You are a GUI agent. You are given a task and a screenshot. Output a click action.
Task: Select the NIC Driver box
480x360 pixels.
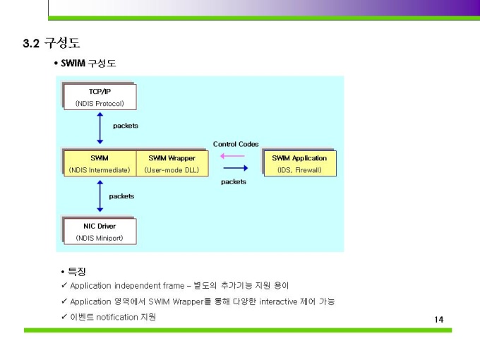[99, 232]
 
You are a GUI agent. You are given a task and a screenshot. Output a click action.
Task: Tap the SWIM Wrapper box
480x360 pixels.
[172, 163]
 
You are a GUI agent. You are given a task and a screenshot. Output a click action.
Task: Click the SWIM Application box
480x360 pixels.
[299, 163]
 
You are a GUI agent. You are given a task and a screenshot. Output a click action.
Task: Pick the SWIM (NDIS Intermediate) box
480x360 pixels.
[99, 163]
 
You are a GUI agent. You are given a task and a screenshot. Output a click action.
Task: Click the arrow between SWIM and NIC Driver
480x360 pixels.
[100, 196]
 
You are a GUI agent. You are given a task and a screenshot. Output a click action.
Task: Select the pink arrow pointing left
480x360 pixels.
[232, 157]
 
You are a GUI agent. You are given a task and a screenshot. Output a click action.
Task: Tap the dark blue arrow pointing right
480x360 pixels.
[235, 168]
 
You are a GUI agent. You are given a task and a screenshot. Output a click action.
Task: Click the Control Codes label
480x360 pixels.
[236, 144]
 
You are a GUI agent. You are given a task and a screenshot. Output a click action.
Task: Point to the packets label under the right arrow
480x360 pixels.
[234, 181]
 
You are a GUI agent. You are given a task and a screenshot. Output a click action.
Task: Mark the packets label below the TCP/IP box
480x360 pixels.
[126, 126]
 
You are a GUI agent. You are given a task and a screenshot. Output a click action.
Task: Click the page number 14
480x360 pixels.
[438, 320]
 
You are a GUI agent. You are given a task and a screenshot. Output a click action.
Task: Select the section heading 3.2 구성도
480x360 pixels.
[51, 44]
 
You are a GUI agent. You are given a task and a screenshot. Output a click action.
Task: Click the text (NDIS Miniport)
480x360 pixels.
[99, 238]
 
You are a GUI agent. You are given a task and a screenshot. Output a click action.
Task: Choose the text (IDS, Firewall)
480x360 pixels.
[299, 170]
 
